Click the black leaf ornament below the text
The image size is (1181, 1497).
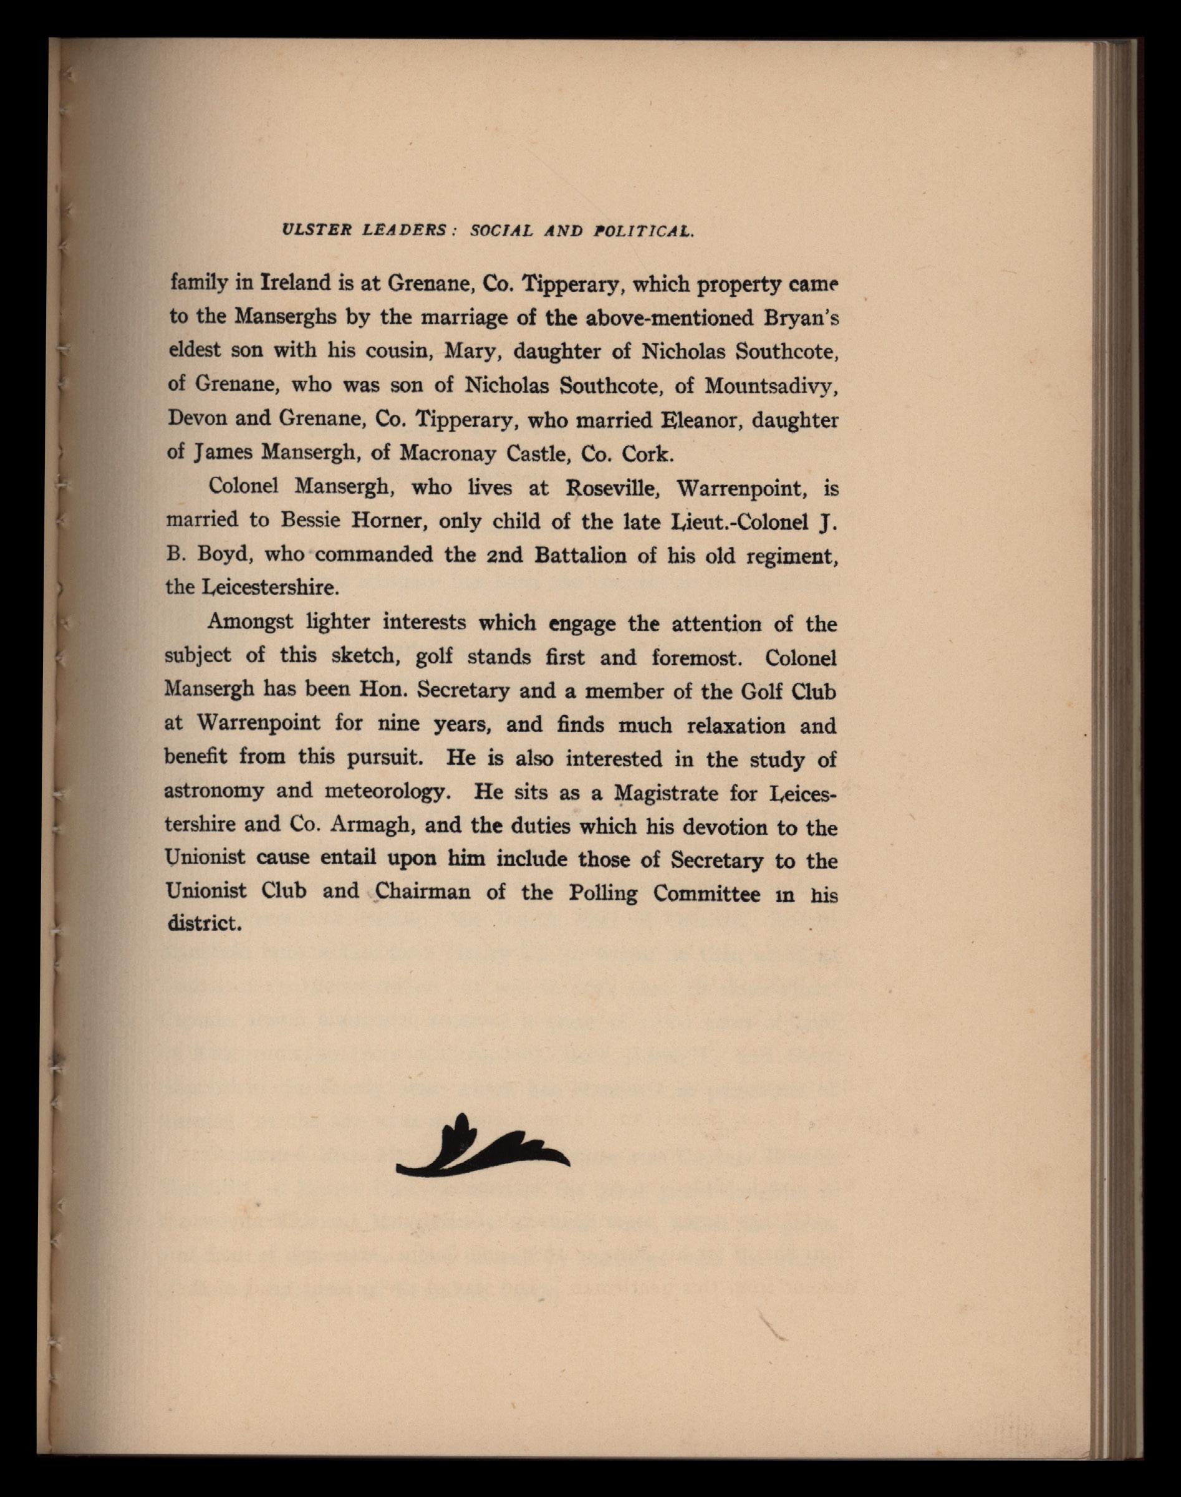click(482, 1148)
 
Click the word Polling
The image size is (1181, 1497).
click(602, 893)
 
